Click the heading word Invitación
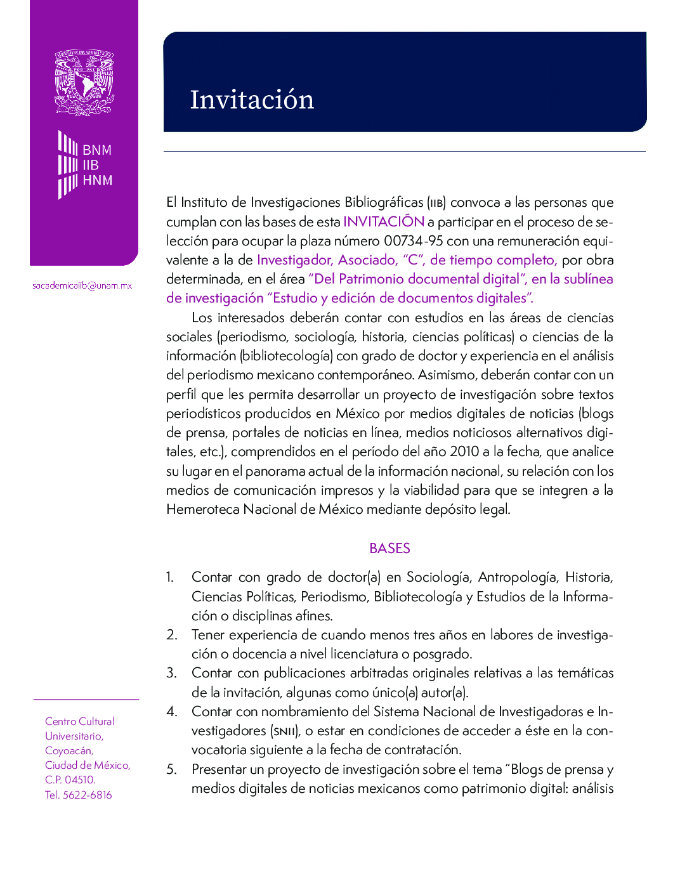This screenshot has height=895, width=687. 252,100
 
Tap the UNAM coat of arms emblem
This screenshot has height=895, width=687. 84,82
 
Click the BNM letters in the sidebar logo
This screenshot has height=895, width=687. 97,150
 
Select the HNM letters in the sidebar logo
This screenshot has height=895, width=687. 97,180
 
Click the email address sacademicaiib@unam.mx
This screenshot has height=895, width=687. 82,285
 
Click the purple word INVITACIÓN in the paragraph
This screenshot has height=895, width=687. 384,221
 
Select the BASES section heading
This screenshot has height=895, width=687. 389,548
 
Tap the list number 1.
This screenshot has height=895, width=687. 169,577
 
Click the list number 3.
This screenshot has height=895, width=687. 171,673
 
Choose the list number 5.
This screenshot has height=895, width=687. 171,769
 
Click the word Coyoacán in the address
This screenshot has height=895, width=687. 69,750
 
